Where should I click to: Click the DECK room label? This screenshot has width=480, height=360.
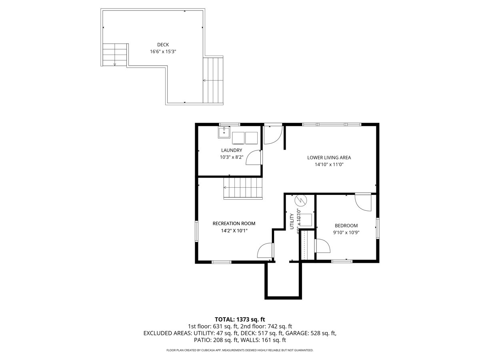[163, 45]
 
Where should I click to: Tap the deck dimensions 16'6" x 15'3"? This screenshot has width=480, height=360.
[163, 52]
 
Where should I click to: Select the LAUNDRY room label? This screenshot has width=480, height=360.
[232, 150]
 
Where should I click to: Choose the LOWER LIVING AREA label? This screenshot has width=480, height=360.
[329, 158]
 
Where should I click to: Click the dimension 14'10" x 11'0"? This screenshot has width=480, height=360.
[329, 164]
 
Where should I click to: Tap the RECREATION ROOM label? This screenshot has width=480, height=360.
[234, 224]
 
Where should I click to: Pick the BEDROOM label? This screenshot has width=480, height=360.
[346, 226]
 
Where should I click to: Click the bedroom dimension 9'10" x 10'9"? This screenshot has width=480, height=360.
[346, 232]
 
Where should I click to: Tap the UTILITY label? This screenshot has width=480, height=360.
[292, 222]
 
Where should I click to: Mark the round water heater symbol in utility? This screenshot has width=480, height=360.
[300, 200]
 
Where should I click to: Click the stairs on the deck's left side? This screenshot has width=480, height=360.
[115, 54]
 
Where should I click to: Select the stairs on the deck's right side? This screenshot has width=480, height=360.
[213, 80]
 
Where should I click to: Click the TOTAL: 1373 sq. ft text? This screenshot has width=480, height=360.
[240, 319]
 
